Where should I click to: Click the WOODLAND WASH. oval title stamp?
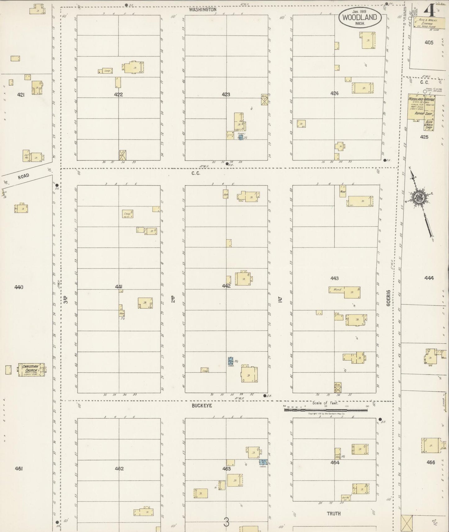click(360, 17)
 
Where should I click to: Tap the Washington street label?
click(203, 10)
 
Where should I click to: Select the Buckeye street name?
click(202, 405)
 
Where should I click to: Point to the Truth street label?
click(333, 514)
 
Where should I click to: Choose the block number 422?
click(118, 95)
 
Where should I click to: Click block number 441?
click(118, 287)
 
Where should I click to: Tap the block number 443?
click(334, 278)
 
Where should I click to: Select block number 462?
click(119, 469)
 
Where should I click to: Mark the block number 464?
click(335, 462)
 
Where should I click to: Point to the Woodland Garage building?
click(421, 107)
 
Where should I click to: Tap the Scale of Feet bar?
click(326, 410)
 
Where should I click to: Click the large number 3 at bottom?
click(226, 522)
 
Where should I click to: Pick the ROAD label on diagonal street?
click(23, 176)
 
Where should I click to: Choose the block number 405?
click(429, 43)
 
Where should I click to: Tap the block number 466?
click(431, 462)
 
